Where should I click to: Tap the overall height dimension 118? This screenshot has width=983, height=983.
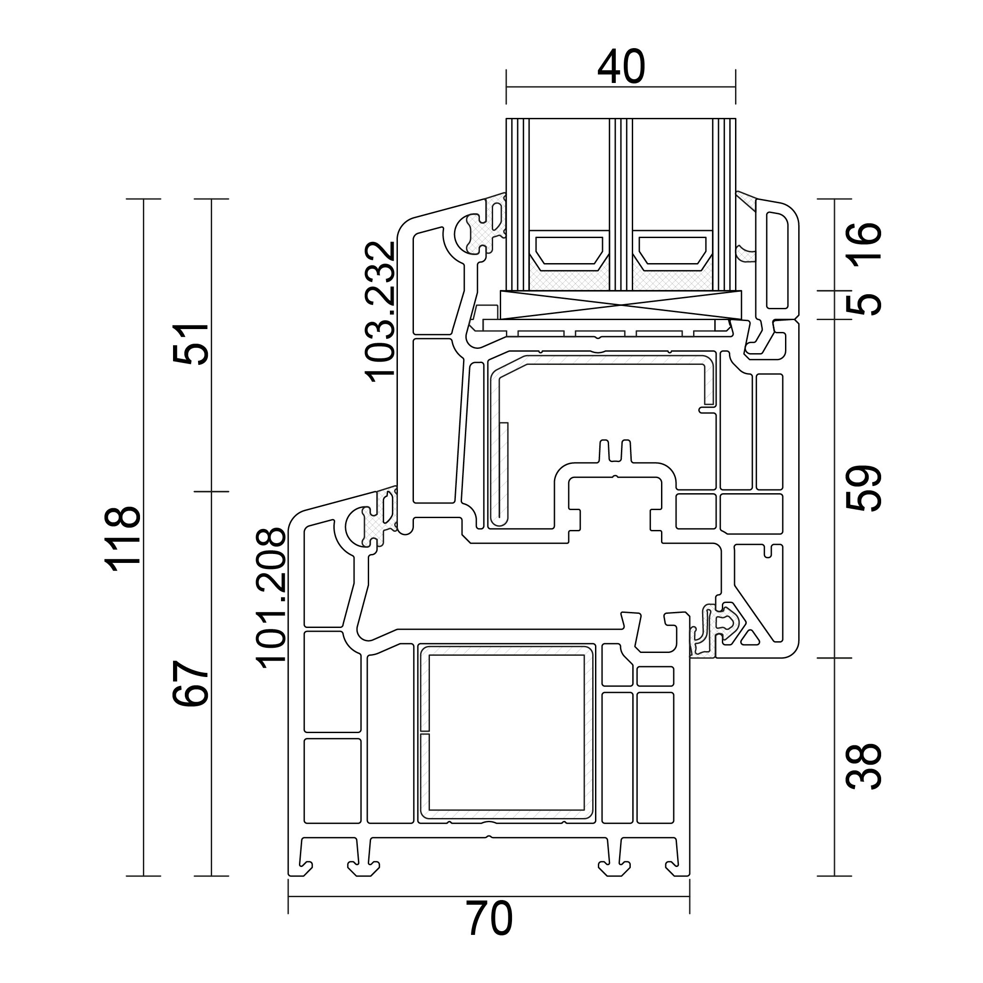pos(122,538)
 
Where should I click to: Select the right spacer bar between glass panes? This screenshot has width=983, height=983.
pos(672,251)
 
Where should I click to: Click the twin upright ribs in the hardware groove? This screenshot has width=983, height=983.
pos(615,451)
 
